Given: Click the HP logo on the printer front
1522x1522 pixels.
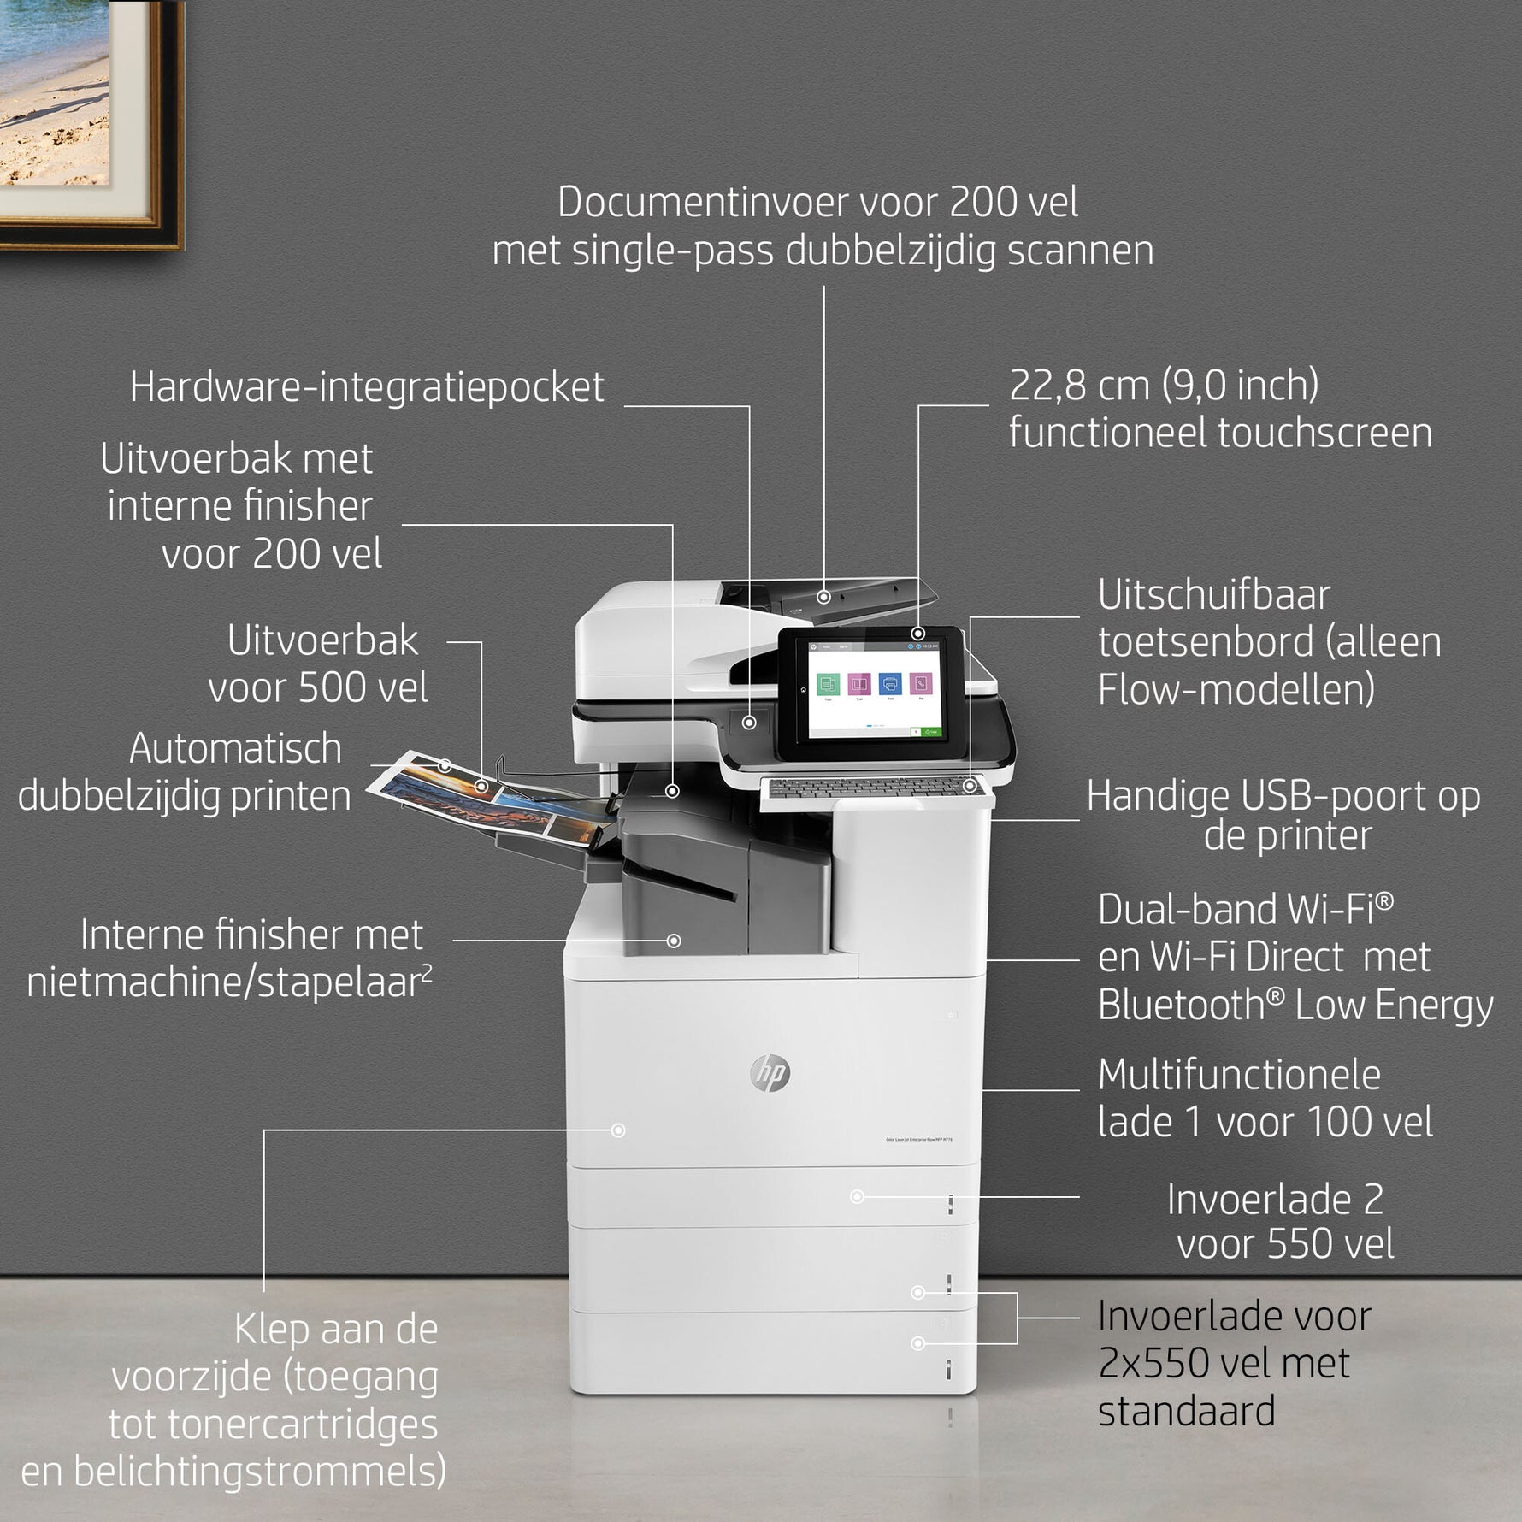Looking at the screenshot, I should [x=770, y=1073].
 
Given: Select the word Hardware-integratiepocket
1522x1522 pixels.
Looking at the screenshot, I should [x=367, y=387].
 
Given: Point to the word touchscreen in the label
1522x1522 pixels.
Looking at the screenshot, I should [x=1324, y=433].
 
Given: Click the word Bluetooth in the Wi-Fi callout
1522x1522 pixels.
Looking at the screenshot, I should [x=1181, y=1006].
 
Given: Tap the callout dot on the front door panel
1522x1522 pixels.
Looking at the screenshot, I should [x=618, y=1130].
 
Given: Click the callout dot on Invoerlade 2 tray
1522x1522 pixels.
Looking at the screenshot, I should [x=857, y=1196].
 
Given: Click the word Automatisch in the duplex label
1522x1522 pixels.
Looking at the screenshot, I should [x=236, y=749].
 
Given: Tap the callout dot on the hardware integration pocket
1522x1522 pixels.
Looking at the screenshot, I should [x=749, y=723].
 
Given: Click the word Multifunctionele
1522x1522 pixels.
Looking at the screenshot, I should [x=1239, y=1076].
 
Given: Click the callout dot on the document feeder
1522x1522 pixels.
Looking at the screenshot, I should [x=823, y=597].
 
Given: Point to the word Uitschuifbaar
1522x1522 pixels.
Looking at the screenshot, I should [x=1214, y=595].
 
